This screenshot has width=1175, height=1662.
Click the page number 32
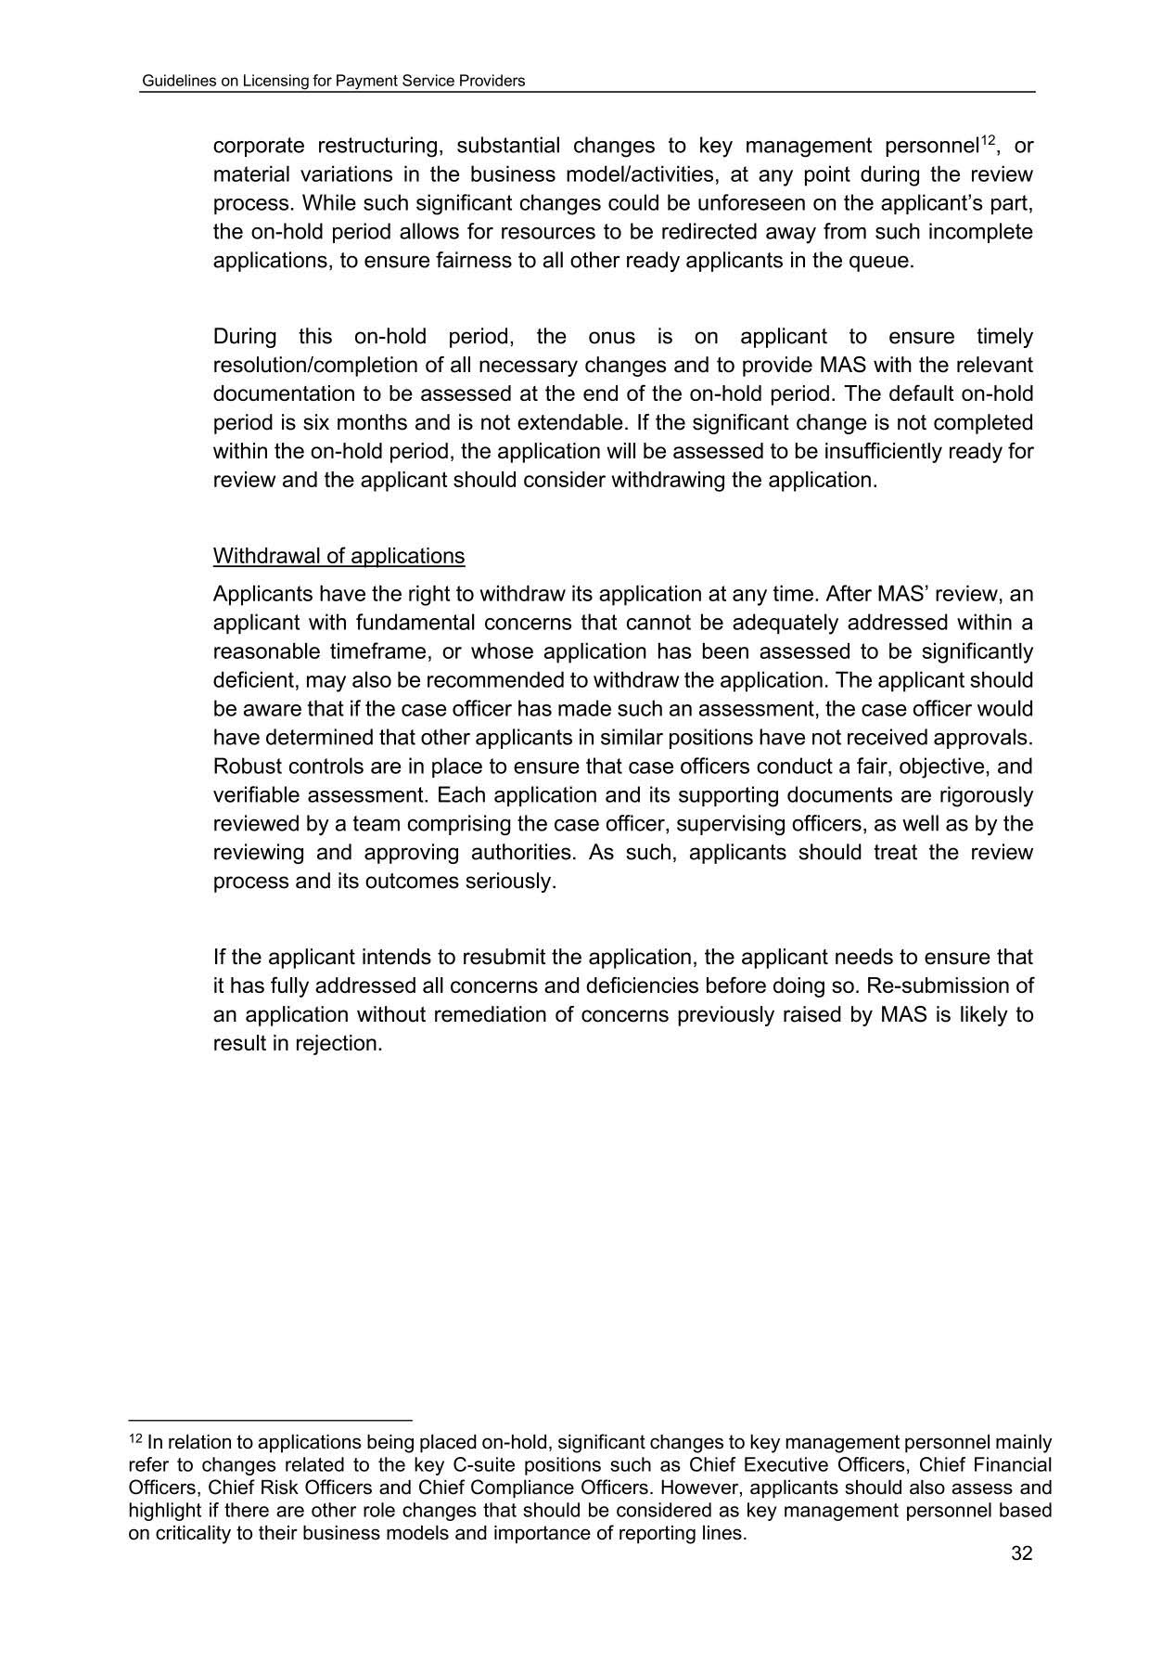[1021, 1553]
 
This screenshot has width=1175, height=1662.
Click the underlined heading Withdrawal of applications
[338, 556]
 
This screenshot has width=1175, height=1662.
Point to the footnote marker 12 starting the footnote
[134, 1440]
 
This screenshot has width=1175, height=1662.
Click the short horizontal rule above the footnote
[269, 1420]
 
